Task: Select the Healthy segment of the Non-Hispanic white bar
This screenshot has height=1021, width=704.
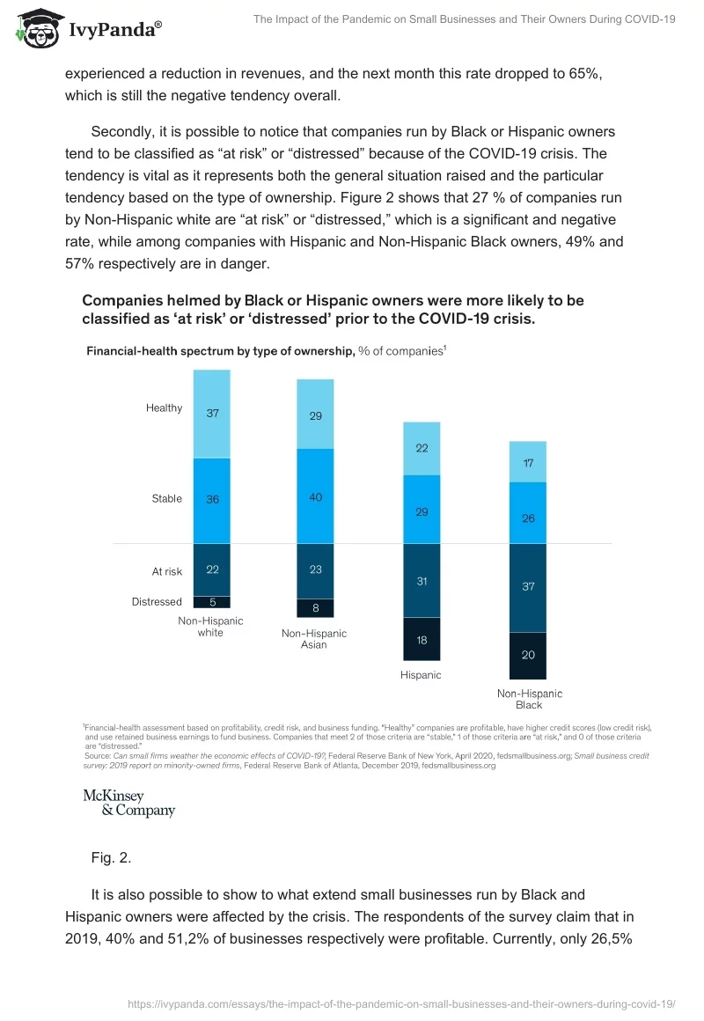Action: (212, 413)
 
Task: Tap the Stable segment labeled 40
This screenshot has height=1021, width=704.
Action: (316, 496)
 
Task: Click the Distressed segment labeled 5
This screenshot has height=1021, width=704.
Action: (212, 602)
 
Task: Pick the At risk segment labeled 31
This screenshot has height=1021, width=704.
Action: (422, 581)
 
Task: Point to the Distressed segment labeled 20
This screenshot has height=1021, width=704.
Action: (528, 655)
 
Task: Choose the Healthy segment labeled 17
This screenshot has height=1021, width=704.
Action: (528, 462)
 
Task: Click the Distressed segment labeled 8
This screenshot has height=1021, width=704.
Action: (316, 607)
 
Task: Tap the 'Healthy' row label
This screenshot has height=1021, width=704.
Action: (165, 408)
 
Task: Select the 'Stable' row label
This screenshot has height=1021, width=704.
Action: (167, 498)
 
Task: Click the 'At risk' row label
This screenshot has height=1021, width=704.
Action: (167, 571)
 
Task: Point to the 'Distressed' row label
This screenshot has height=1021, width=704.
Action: (157, 602)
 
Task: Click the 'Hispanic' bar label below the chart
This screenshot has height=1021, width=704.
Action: (421, 675)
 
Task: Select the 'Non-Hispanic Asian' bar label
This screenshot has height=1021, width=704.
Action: (314, 639)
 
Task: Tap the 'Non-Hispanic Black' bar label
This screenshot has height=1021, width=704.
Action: (529, 699)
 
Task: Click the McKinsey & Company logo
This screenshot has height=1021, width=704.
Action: (128, 803)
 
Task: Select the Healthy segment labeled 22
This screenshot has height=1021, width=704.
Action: (422, 448)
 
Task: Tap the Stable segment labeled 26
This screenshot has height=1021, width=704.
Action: (528, 518)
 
